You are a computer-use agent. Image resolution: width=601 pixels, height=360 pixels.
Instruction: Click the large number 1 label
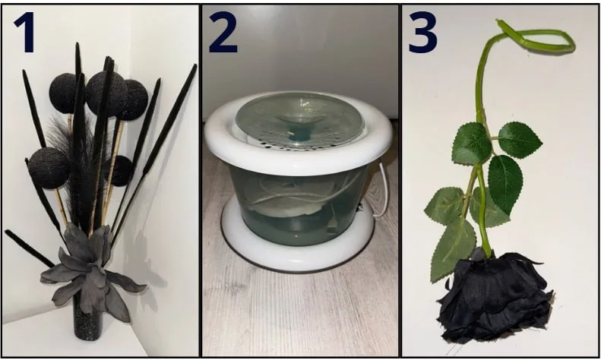click(25, 32)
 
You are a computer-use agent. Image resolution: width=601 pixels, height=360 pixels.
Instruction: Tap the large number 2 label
click(223, 32)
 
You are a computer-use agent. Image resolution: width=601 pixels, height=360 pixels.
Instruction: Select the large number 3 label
click(422, 32)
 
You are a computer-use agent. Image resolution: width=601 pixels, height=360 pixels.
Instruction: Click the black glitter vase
click(88, 320)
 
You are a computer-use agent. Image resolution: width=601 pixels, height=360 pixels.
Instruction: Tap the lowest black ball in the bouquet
click(49, 168)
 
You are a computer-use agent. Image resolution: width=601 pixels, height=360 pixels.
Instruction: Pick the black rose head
click(495, 297)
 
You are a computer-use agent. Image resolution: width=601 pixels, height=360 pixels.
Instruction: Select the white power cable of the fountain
click(383, 191)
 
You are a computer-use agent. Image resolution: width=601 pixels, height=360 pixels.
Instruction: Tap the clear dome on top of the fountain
click(299, 117)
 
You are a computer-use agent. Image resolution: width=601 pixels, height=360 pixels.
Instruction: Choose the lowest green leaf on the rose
click(452, 249)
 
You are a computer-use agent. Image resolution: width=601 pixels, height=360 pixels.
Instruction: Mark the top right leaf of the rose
click(520, 140)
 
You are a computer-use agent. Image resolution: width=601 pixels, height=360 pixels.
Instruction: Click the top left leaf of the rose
click(471, 144)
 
